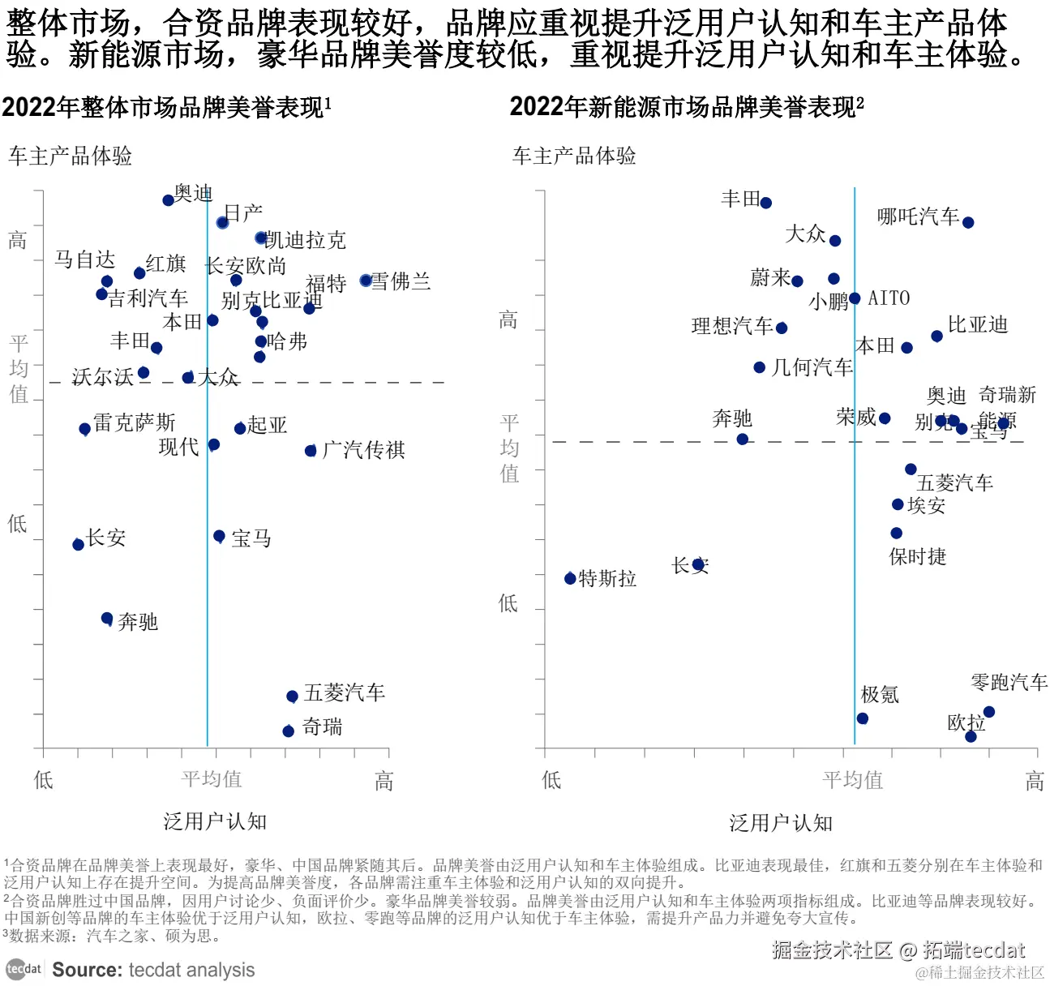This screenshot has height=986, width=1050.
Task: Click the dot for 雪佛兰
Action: tap(366, 281)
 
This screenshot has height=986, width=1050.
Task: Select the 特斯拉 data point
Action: tap(570, 578)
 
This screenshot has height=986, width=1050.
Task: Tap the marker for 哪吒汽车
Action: tap(967, 222)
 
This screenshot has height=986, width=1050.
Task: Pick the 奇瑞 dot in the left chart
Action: tap(288, 731)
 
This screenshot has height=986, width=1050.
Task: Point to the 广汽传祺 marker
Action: tap(311, 451)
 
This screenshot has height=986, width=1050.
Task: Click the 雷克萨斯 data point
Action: tap(84, 429)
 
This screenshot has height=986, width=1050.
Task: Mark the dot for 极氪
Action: tap(862, 718)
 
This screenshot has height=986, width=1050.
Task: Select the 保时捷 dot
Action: tap(896, 533)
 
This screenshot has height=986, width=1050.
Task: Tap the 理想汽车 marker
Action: tap(781, 328)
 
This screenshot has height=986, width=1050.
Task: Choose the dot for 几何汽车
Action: tap(759, 367)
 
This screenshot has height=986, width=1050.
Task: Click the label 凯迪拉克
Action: tap(306, 240)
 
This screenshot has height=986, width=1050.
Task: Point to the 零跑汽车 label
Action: tap(1009, 682)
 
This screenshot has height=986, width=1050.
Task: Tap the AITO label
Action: tap(889, 298)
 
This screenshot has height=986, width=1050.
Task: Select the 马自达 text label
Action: tap(84, 259)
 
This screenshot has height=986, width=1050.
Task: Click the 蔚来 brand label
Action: tap(769, 278)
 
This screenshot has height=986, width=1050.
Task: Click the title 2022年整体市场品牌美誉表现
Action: tap(166, 107)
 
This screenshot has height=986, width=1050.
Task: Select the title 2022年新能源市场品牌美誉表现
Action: tap(686, 107)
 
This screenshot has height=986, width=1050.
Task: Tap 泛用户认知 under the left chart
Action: tap(215, 821)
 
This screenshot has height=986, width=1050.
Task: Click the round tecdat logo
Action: tap(24, 969)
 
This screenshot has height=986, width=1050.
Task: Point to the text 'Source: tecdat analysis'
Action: tap(153, 970)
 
